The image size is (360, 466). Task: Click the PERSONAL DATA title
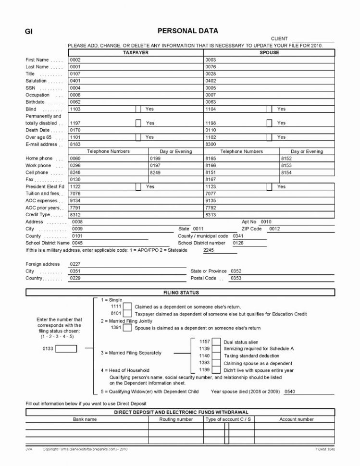pyautogui.click(x=188, y=31)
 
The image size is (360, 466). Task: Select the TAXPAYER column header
pyautogui.click(x=136, y=52)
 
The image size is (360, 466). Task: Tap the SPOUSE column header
pyautogui.click(x=269, y=52)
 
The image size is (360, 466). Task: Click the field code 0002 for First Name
pyautogui.click(x=75, y=60)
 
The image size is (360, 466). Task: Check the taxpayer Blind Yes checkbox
pyautogui.click(x=138, y=109)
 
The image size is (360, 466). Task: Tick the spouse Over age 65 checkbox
pyautogui.click(x=270, y=137)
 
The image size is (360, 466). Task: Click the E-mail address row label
pyautogui.click(x=41, y=144)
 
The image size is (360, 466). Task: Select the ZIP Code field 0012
pyautogui.click(x=274, y=229)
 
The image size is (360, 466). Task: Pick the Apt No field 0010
pyautogui.click(x=266, y=222)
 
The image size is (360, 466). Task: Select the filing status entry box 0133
pyautogui.click(x=66, y=349)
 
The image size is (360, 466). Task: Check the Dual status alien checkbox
pyautogui.click(x=216, y=342)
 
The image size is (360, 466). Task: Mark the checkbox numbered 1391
pyautogui.click(x=127, y=328)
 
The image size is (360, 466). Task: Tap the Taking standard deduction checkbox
pyautogui.click(x=216, y=356)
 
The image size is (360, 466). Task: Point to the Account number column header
pyautogui.click(x=297, y=419)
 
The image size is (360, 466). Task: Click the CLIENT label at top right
pyautogui.click(x=279, y=38)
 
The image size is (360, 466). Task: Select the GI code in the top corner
pyautogui.click(x=28, y=32)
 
